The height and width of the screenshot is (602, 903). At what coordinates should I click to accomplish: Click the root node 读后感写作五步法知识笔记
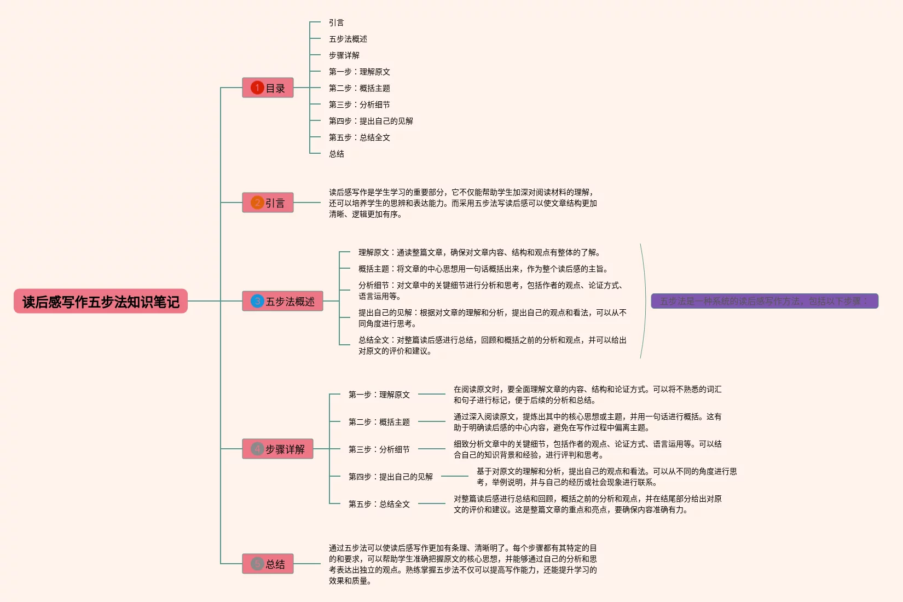click(101, 302)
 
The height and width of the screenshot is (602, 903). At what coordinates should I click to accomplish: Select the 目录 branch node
click(268, 88)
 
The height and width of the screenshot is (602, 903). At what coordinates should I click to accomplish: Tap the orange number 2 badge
click(257, 203)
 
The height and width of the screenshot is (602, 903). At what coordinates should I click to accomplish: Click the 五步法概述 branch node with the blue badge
click(282, 302)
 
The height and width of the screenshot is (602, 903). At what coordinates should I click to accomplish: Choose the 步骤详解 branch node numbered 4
click(277, 449)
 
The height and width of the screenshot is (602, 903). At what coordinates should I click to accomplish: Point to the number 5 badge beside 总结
click(257, 564)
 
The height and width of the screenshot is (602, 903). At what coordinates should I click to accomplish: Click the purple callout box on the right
click(764, 302)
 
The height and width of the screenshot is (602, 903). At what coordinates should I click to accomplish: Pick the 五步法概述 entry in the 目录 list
click(348, 39)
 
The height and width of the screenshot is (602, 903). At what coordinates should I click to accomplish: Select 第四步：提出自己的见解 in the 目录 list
click(371, 121)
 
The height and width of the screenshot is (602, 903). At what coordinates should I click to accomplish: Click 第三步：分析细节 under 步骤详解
click(379, 449)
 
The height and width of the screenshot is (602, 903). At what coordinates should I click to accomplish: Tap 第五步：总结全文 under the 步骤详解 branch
click(379, 504)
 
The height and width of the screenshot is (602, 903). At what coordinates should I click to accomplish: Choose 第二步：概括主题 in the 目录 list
click(359, 88)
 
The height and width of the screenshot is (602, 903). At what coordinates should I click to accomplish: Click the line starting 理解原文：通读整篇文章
click(480, 252)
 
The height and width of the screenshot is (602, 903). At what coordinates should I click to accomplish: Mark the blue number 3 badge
click(257, 302)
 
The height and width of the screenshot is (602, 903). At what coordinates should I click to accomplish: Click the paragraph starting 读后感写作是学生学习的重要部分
click(462, 203)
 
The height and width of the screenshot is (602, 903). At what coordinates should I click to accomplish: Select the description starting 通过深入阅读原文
click(587, 422)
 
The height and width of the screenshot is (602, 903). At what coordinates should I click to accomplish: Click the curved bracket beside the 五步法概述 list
click(644, 302)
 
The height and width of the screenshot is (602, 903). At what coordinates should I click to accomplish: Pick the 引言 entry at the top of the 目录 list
click(336, 22)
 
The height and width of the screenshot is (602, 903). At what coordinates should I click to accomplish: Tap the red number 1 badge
click(257, 88)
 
